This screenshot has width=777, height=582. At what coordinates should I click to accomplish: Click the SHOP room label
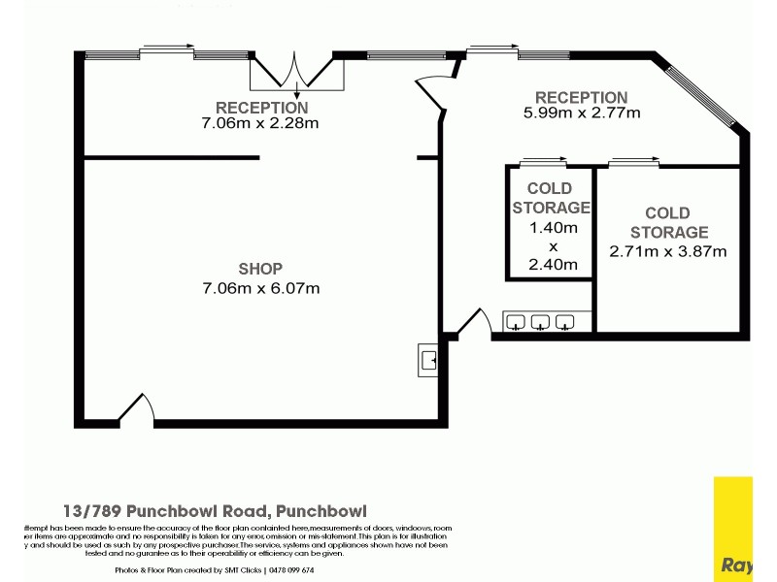click(260, 269)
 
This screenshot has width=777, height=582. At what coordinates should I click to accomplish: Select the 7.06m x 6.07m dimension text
click(260, 288)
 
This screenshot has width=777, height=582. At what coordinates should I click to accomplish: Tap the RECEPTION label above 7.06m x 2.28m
click(261, 108)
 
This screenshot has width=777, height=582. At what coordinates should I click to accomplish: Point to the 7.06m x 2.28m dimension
click(260, 123)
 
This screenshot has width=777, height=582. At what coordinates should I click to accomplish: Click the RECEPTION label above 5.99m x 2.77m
click(581, 97)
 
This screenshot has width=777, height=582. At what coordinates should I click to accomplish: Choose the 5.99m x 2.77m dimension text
click(581, 113)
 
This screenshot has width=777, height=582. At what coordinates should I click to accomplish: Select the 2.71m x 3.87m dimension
click(668, 251)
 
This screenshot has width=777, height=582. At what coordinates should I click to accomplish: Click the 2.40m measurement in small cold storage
click(551, 264)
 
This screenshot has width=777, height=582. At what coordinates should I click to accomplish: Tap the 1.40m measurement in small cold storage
click(551, 228)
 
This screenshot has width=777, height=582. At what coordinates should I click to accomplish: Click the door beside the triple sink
click(473, 325)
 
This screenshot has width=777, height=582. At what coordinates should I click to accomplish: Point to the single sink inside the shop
click(428, 360)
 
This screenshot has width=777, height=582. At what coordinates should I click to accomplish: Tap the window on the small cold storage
click(543, 161)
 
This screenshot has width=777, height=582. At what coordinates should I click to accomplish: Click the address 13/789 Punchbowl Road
click(214, 510)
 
